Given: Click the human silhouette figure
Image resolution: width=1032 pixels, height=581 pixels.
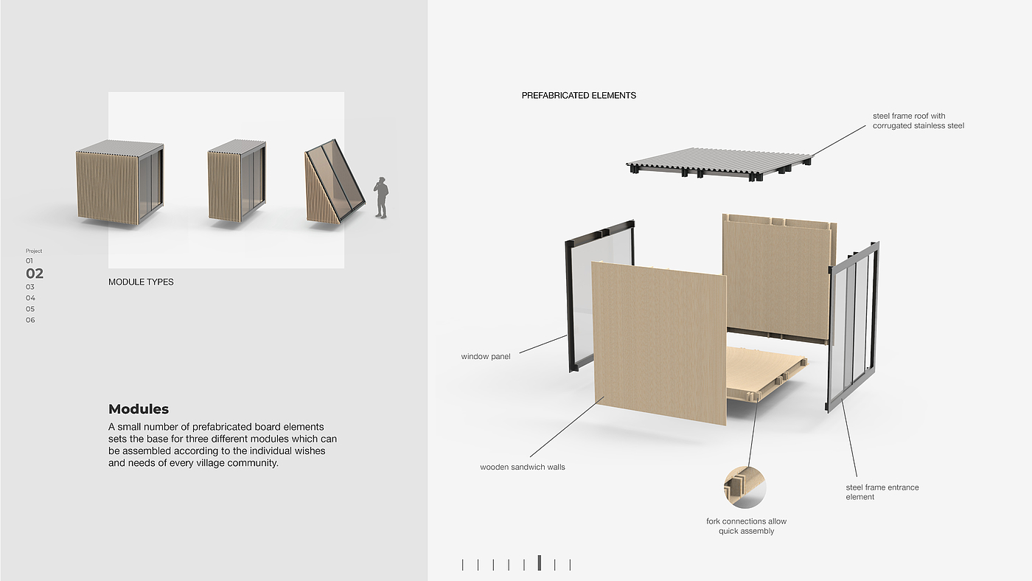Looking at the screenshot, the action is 381,197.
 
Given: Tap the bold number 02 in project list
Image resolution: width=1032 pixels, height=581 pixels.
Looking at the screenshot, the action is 35,274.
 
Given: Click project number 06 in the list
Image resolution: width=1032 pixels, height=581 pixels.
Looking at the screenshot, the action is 30,320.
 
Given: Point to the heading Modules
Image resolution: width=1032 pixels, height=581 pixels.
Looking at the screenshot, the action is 139,409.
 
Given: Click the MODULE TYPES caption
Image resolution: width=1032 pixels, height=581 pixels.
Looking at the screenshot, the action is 141,282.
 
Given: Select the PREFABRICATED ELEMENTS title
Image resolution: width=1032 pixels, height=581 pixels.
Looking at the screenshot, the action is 579,95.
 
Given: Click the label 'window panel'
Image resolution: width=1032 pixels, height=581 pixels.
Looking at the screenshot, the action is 486,357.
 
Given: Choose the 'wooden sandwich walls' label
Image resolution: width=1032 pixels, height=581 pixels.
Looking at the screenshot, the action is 523,467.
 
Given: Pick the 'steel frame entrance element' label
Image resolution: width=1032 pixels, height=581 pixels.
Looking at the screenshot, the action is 882,492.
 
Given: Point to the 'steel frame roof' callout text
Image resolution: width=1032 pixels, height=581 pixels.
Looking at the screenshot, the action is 918,121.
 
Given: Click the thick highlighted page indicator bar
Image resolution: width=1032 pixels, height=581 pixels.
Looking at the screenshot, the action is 540,563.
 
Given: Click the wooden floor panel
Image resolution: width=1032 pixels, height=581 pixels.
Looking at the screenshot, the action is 767,369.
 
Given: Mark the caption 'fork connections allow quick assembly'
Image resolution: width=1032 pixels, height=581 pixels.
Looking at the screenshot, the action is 746,526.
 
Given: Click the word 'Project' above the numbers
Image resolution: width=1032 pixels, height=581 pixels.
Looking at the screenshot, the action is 34,251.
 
